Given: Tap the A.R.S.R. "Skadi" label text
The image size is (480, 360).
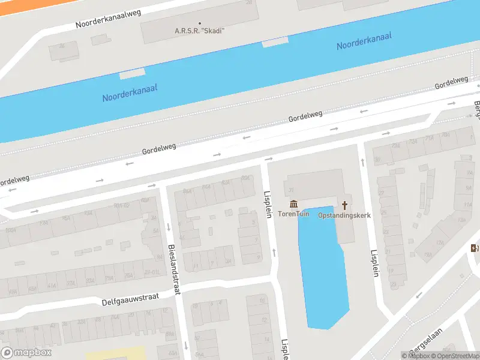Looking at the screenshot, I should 199,31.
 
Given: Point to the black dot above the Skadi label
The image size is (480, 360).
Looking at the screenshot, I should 199,23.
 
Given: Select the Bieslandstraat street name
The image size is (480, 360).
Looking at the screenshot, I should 173,269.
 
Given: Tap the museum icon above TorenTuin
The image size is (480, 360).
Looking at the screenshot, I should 293,205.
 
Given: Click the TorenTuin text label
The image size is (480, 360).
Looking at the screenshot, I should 293,215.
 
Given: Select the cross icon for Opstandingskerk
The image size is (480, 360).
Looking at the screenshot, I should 344,205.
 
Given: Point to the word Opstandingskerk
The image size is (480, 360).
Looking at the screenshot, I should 344,215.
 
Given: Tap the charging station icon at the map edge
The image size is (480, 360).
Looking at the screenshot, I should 475,248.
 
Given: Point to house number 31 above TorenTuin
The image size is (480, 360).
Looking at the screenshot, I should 290,191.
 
